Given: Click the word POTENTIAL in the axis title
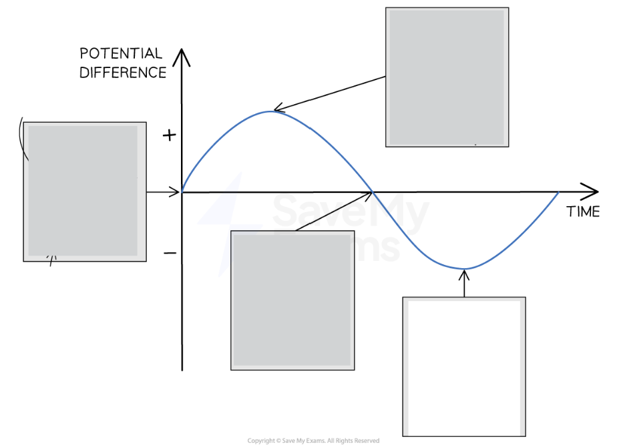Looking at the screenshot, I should (x=121, y=53).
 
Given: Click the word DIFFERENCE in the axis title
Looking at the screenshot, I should (x=123, y=73).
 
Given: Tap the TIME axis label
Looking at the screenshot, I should (x=583, y=212).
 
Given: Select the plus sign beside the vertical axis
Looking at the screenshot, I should (x=170, y=136).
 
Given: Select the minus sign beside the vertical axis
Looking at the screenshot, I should (x=170, y=254).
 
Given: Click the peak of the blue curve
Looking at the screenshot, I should (x=270, y=111).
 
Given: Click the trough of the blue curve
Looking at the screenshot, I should (x=464, y=269).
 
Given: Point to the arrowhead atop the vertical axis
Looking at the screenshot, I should (x=182, y=56).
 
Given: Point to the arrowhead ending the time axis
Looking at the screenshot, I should (x=590, y=192).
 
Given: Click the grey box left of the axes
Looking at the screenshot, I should (x=84, y=191).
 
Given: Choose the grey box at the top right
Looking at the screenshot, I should (x=447, y=77).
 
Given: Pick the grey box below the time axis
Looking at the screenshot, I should (x=292, y=300).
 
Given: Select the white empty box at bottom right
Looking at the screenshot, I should (x=463, y=366).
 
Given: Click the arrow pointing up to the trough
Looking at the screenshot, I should (x=464, y=284).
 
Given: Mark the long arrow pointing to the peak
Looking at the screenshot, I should (x=331, y=93).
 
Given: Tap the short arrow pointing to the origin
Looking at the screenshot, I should (x=164, y=192).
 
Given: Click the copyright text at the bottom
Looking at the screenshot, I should (x=313, y=441).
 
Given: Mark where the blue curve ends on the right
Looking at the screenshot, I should (x=558, y=192).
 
